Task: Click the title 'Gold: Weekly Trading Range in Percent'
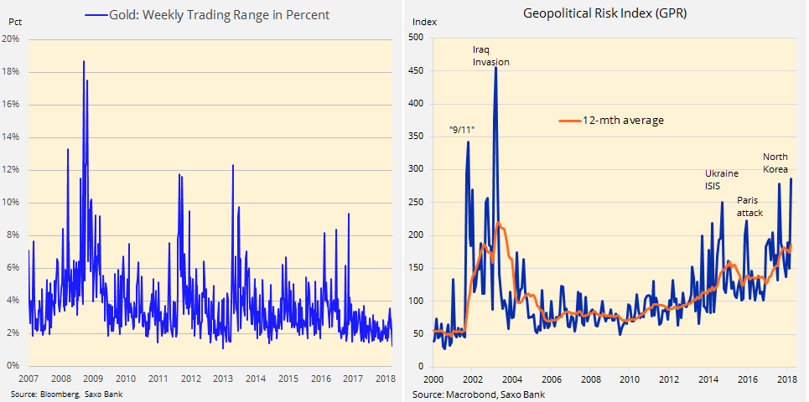(x=220, y=15)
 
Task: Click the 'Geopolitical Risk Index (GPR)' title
(x=605, y=13)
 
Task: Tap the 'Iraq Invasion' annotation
(x=490, y=55)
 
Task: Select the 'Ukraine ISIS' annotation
(x=721, y=179)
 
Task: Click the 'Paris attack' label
(x=749, y=206)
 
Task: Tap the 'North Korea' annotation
(x=775, y=162)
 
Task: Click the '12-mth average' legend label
(x=623, y=121)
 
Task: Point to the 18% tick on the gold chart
(x=12, y=72)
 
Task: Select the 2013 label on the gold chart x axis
(x=223, y=379)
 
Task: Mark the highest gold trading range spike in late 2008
(x=84, y=61)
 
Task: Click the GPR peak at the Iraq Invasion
(x=495, y=68)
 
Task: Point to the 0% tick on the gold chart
(x=14, y=366)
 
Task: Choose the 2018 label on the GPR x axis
(x=786, y=379)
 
